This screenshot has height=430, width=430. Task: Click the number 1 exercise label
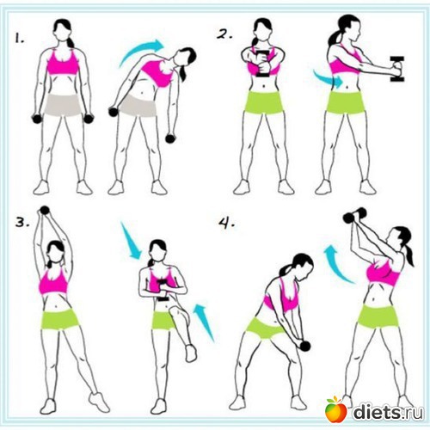[20, 38]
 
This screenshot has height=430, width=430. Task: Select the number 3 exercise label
[22, 222]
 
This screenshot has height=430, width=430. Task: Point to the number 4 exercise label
[227, 224]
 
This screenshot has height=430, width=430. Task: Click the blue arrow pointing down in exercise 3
[131, 240]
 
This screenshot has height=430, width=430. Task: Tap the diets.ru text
[388, 412]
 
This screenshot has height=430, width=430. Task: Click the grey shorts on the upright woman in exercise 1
[64, 105]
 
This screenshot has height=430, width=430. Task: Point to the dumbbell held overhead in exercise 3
[45, 211]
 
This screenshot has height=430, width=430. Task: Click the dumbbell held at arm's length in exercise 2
[397, 69]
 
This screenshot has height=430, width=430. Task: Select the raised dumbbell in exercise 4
[355, 215]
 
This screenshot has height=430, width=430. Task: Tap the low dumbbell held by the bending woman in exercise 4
[304, 346]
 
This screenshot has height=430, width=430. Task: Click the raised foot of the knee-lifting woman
[191, 353]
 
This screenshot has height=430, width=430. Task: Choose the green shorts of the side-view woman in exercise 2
[346, 102]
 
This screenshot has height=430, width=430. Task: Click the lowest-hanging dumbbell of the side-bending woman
[170, 138]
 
